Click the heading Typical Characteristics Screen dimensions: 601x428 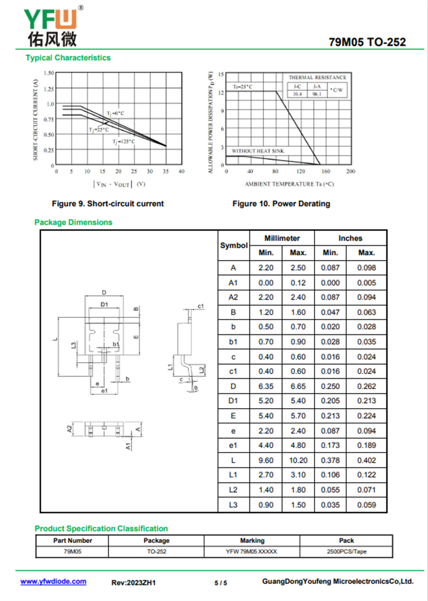click(68, 58)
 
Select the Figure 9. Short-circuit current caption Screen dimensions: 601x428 click(108, 204)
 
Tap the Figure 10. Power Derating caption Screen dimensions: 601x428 click(281, 204)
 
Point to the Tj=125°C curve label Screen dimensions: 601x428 click(124, 142)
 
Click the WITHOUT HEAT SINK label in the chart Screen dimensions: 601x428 click(258, 151)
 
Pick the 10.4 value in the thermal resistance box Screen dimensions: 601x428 click(297, 94)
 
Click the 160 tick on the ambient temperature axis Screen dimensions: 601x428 click(326, 171)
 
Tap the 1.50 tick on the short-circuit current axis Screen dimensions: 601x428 click(49, 73)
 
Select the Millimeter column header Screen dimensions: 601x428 click(282, 238)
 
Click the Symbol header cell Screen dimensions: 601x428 click(234, 246)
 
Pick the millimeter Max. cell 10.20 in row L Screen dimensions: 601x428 click(298, 460)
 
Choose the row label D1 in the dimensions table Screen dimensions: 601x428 click(233, 401)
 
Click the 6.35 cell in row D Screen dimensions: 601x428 click(266, 386)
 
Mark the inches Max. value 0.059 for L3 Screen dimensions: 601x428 click(366, 505)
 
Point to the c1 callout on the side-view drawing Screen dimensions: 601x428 click(201, 306)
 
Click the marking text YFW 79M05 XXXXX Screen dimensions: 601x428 click(252, 552)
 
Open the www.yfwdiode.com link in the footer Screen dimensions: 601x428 click(53, 582)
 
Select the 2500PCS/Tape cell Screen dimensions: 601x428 click(346, 552)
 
